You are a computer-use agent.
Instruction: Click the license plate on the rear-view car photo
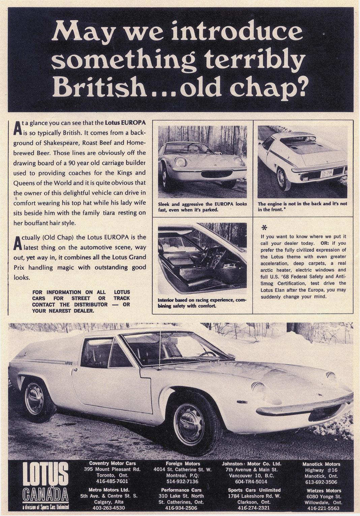(x=327, y=174)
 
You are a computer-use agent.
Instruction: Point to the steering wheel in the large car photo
(x=207, y=354)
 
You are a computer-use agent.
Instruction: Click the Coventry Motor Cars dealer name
(x=113, y=464)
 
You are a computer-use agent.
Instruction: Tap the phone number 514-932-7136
(x=182, y=481)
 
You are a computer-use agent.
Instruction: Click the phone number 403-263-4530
(x=109, y=508)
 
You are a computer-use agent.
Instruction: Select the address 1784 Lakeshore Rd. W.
(x=254, y=496)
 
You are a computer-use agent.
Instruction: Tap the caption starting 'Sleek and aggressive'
(x=202, y=206)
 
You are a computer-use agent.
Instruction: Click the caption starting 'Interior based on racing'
(x=202, y=303)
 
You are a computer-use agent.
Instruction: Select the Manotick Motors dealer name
(x=321, y=464)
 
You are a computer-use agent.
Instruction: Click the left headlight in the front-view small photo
(x=181, y=162)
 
